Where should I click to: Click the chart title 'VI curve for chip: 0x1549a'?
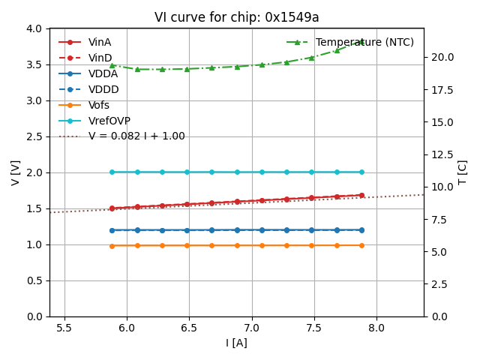(x=236, y=17)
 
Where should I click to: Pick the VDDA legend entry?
(x=103, y=73)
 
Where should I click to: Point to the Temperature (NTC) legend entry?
(x=364, y=42)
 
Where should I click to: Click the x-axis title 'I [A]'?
(x=236, y=343)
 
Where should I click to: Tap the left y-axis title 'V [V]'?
(x=16, y=172)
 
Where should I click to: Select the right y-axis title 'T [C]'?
(x=463, y=172)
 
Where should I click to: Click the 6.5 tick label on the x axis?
(x=189, y=327)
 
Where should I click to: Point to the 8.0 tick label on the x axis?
(x=376, y=327)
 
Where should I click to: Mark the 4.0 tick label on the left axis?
(x=34, y=28)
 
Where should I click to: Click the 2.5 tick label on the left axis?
(x=34, y=136)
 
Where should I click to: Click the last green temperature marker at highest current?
(x=361, y=42)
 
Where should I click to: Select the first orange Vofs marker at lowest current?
(x=112, y=246)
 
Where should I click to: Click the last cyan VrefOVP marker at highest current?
(x=361, y=172)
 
